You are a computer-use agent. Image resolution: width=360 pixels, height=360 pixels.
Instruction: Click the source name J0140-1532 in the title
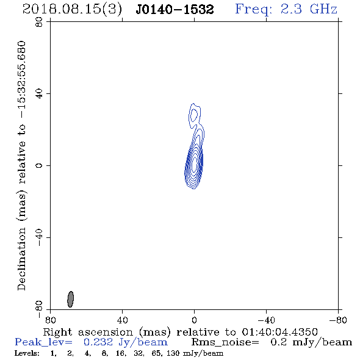pos(175,9)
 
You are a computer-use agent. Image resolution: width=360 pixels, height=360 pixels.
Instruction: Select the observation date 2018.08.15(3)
pos(72,9)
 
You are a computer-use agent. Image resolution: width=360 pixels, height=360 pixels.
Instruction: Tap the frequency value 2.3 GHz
pos(309,9)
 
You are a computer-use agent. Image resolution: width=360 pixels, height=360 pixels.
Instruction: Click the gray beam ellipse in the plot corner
pos(71,299)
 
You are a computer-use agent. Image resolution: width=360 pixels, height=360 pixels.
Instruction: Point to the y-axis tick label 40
pos(39,93)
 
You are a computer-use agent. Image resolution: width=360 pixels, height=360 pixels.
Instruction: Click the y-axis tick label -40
pos(39,237)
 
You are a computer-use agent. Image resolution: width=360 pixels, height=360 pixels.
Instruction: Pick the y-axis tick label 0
pos(39,165)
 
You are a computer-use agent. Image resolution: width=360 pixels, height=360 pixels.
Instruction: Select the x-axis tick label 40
pos(122,320)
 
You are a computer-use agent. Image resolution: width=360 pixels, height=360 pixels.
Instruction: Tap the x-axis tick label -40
pos(266,320)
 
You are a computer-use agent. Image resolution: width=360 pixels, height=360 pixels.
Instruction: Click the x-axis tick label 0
pos(194,320)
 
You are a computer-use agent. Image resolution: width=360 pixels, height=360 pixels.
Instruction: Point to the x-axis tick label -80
pos(338,320)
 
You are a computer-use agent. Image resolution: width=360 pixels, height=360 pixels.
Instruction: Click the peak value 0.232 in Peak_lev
pos(98,342)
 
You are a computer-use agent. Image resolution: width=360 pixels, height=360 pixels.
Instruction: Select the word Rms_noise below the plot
pos(225,342)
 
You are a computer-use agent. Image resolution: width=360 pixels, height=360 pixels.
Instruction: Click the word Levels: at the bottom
pos(27,353)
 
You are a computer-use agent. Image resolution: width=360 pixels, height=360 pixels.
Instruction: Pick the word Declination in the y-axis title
pos(21,259)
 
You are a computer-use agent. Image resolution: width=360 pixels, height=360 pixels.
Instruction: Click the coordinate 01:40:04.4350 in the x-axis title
pos(279,332)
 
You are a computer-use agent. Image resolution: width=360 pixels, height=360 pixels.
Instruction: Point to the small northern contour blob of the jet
pos(194,114)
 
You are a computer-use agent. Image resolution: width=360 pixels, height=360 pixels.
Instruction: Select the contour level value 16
pos(121,353)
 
